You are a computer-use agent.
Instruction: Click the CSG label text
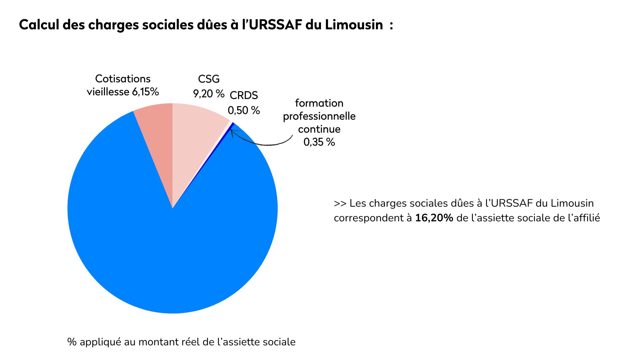[x=209, y=79]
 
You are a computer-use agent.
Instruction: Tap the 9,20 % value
[x=209, y=94]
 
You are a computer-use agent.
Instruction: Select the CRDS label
[x=244, y=95]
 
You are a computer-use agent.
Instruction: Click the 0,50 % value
[x=244, y=110]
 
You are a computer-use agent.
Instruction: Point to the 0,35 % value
[x=319, y=142]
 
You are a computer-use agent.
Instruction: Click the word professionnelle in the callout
[x=319, y=116]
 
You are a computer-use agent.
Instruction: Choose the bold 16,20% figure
[x=434, y=218]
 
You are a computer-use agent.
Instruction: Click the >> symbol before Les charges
[x=340, y=203]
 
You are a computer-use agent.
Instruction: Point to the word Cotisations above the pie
[x=123, y=79]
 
